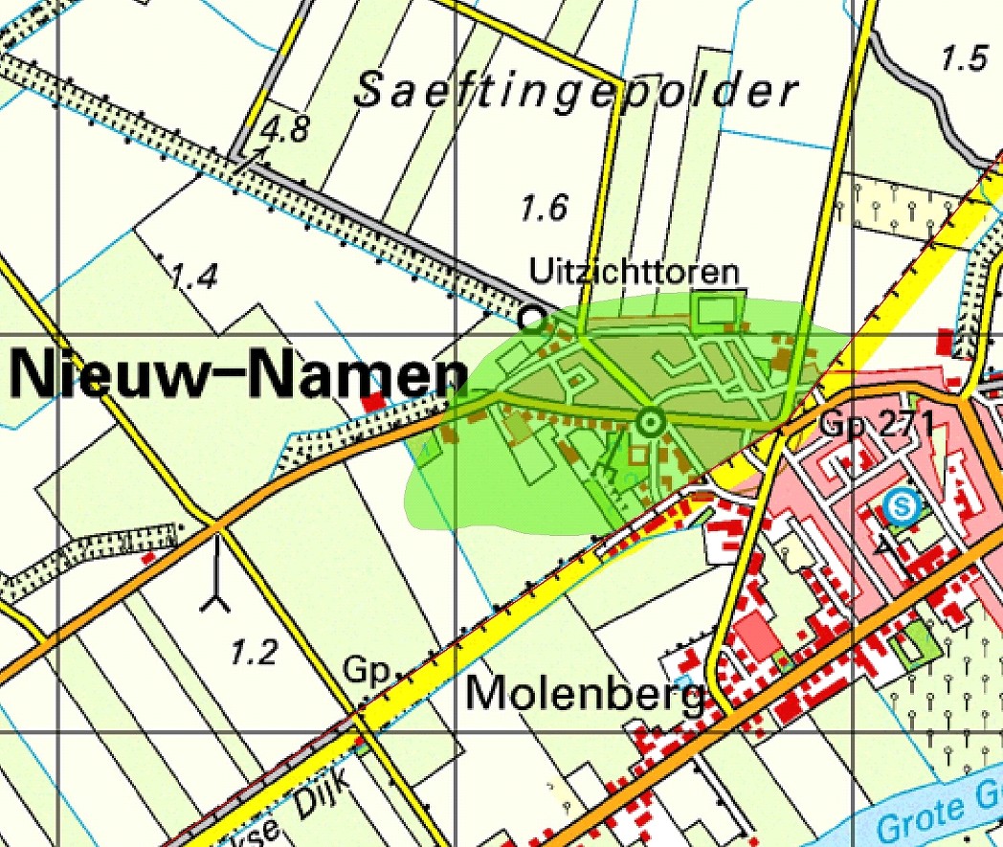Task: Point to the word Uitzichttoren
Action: (x=635, y=272)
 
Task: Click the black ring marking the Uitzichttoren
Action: (x=530, y=315)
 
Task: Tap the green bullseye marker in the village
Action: (x=652, y=421)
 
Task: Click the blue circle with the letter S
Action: (x=901, y=505)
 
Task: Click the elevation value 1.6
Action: (x=544, y=207)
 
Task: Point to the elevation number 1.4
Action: (x=194, y=278)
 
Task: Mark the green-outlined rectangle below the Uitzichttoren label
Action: (x=718, y=309)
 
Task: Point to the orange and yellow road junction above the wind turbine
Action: (x=217, y=525)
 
